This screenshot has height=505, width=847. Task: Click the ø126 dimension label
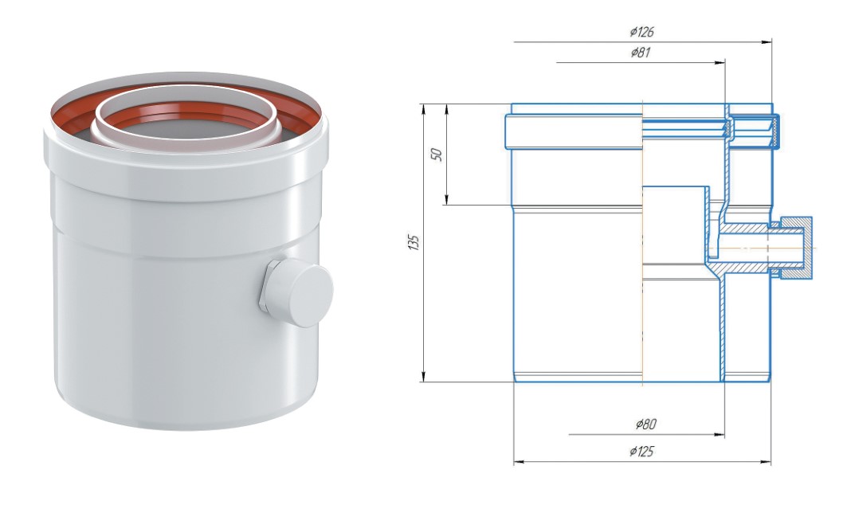[x=641, y=32]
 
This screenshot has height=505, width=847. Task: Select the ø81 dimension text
[x=640, y=53]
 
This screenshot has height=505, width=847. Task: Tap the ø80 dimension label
[x=646, y=424]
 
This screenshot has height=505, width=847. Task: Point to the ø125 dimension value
[x=641, y=451]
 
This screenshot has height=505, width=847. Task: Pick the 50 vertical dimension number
[x=438, y=154]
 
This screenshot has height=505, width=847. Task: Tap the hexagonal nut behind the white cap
[x=267, y=286]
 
